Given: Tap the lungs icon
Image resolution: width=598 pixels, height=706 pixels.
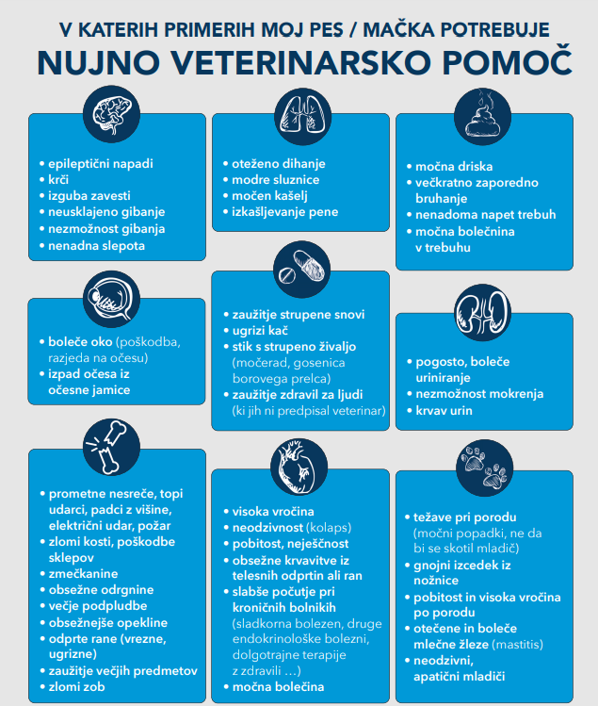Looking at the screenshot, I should click(300, 114).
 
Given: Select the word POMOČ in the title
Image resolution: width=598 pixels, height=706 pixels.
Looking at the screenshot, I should click(504, 61).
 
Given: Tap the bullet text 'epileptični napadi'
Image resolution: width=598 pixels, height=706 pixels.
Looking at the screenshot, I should click(101, 163).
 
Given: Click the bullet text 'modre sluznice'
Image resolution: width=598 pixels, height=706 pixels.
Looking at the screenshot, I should click(276, 179).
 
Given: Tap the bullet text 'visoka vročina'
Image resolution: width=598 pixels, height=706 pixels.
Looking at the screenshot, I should click(274, 511).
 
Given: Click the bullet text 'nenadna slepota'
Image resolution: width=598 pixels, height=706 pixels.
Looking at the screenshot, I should click(97, 245).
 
